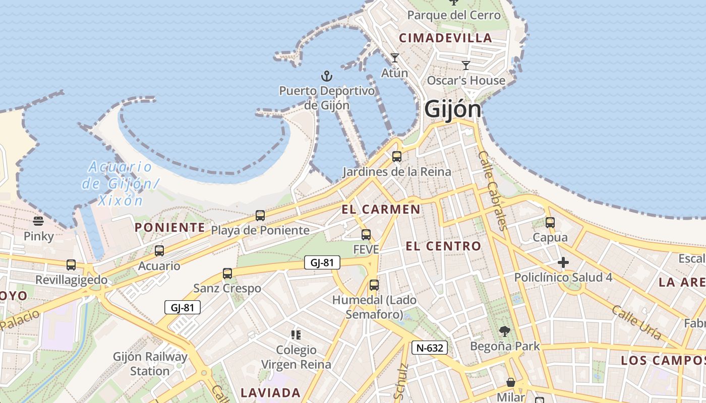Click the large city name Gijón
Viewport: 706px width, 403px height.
(x=452, y=109)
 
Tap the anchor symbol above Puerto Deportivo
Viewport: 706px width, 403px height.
(x=327, y=77)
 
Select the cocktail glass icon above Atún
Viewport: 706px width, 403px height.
(x=394, y=58)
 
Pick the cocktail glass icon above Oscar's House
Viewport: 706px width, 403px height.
(x=466, y=65)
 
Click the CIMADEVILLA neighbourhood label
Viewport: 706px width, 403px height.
(x=445, y=38)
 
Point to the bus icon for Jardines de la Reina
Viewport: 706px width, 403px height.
(x=397, y=157)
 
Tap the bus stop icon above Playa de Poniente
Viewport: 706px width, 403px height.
(x=260, y=216)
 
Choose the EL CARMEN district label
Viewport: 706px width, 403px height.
(x=381, y=210)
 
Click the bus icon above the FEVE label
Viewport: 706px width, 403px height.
(x=366, y=235)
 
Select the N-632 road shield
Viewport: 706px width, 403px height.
(x=430, y=348)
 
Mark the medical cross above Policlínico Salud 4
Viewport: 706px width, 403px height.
(x=563, y=262)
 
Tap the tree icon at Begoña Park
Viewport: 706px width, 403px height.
(x=504, y=331)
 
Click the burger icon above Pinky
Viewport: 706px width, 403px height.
(x=38, y=221)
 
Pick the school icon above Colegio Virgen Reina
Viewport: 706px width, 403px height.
(x=296, y=334)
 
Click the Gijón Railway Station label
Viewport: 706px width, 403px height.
(x=150, y=364)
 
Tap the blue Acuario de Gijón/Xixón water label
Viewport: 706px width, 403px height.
(x=120, y=183)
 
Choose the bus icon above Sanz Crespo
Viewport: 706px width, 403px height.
(x=227, y=274)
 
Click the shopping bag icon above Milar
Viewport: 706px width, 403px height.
(x=511, y=382)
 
